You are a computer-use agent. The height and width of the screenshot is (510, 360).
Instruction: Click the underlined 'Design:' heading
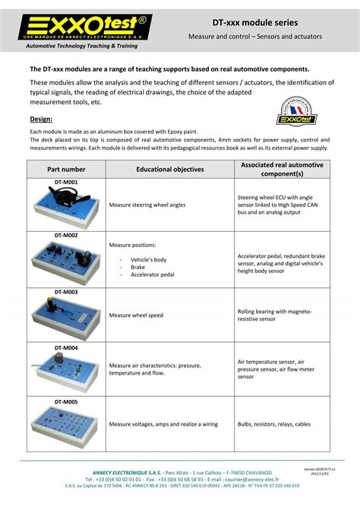(41, 119)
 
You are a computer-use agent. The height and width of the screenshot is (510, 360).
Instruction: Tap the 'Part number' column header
(65, 169)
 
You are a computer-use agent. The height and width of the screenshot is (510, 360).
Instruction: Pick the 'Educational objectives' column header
(169, 169)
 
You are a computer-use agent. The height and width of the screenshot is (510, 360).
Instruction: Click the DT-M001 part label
(65, 182)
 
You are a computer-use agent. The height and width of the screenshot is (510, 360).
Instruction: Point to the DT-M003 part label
(65, 292)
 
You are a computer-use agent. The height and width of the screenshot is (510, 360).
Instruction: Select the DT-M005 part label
(65, 401)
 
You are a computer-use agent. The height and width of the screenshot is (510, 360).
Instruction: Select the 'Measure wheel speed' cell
(136, 315)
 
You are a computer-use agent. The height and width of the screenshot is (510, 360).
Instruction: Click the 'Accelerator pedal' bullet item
(152, 274)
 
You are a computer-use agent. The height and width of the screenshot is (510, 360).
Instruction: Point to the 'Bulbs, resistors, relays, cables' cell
(273, 424)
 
